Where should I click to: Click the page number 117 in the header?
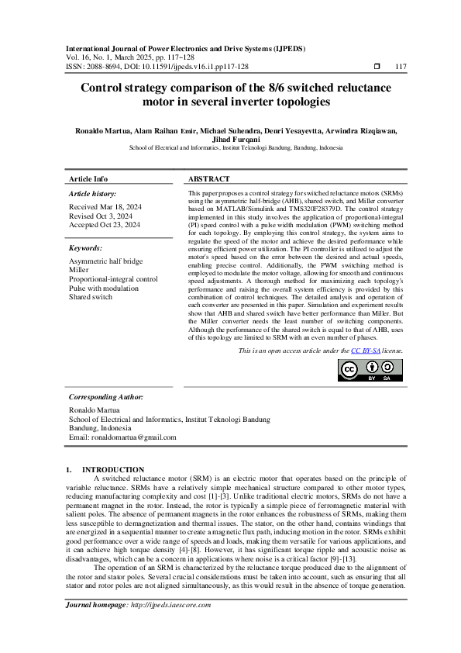pos(401,67)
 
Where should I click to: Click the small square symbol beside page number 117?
pos(377,67)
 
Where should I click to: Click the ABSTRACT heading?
pos(208,178)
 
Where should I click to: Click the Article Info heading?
pos(88,178)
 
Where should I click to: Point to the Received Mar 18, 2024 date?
pos(105,207)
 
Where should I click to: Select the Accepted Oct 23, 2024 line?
pos(105,225)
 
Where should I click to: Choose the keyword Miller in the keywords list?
pos(79,270)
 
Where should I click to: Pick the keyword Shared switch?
pos(90,296)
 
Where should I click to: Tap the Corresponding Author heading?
pos(106,396)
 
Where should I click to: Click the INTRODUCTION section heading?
pos(113,469)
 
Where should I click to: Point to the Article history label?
pos(92,193)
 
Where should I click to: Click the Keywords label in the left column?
pos(85,248)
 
